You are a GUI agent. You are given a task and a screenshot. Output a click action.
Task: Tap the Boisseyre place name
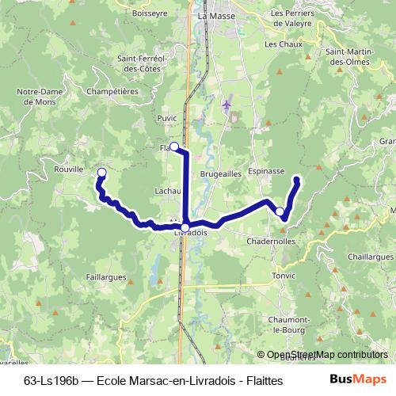click(152, 12)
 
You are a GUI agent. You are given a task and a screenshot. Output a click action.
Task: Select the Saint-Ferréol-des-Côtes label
click(139, 63)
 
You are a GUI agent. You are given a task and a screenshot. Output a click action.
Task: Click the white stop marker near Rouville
click(101, 172)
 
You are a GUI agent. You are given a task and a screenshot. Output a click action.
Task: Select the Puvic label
click(167, 118)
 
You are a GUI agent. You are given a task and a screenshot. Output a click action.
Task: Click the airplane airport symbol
click(227, 105)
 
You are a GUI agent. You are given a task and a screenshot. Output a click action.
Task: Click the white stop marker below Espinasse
click(280, 211)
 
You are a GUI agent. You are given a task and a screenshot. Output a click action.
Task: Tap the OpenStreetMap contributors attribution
click(323, 356)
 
